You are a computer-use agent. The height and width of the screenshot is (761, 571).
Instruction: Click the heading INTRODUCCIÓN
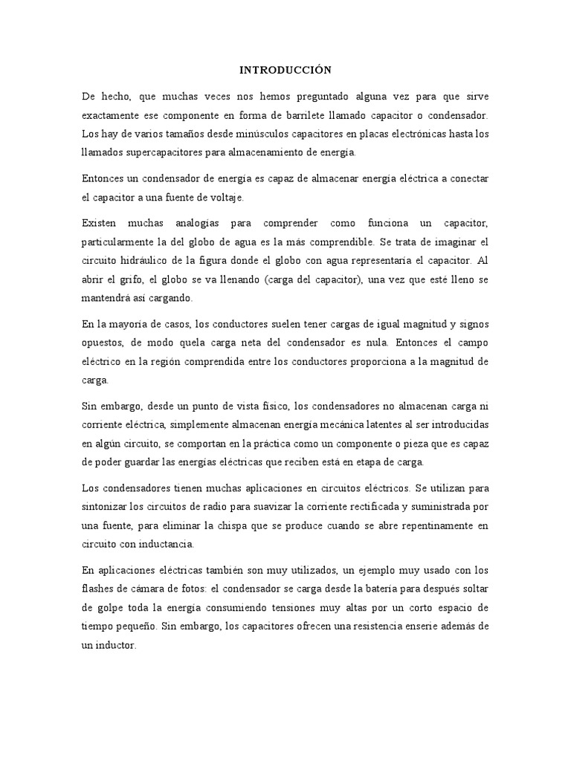285,70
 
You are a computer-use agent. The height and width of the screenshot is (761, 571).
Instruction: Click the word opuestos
106,344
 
